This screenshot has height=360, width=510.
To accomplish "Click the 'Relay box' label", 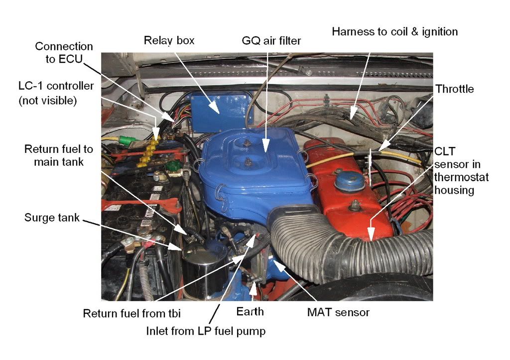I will tap(169, 40).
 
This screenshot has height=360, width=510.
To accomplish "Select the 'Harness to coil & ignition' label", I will tap(394, 32).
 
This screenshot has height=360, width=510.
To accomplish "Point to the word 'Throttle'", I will tap(454, 90).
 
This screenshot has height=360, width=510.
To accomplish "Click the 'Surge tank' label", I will tap(52, 218).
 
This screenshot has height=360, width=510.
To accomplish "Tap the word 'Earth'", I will tap(250, 312).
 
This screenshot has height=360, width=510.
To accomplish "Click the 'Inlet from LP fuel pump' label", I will tap(205, 331).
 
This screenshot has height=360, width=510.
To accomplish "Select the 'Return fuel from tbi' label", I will tap(131, 313).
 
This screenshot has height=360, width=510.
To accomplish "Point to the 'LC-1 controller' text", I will tap(56, 86).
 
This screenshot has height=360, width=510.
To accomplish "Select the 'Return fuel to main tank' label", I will tap(59, 155).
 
